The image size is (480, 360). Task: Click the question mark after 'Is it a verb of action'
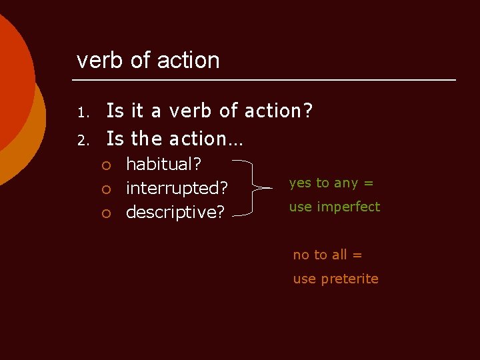coord(308,111)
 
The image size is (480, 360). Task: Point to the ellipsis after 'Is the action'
coord(237,139)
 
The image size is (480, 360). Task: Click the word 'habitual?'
coord(164,164)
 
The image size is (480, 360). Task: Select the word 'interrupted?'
coord(177,188)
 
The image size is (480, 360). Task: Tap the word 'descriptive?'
coord(175,212)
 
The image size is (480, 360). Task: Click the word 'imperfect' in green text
coord(348,207)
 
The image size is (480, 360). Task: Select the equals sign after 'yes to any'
coord(368,183)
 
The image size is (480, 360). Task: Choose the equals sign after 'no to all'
coord(357,255)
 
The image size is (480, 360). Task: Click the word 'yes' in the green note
coord(299,183)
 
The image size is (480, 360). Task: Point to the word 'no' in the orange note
coord(301,255)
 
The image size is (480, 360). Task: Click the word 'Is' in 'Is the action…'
coord(115,139)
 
